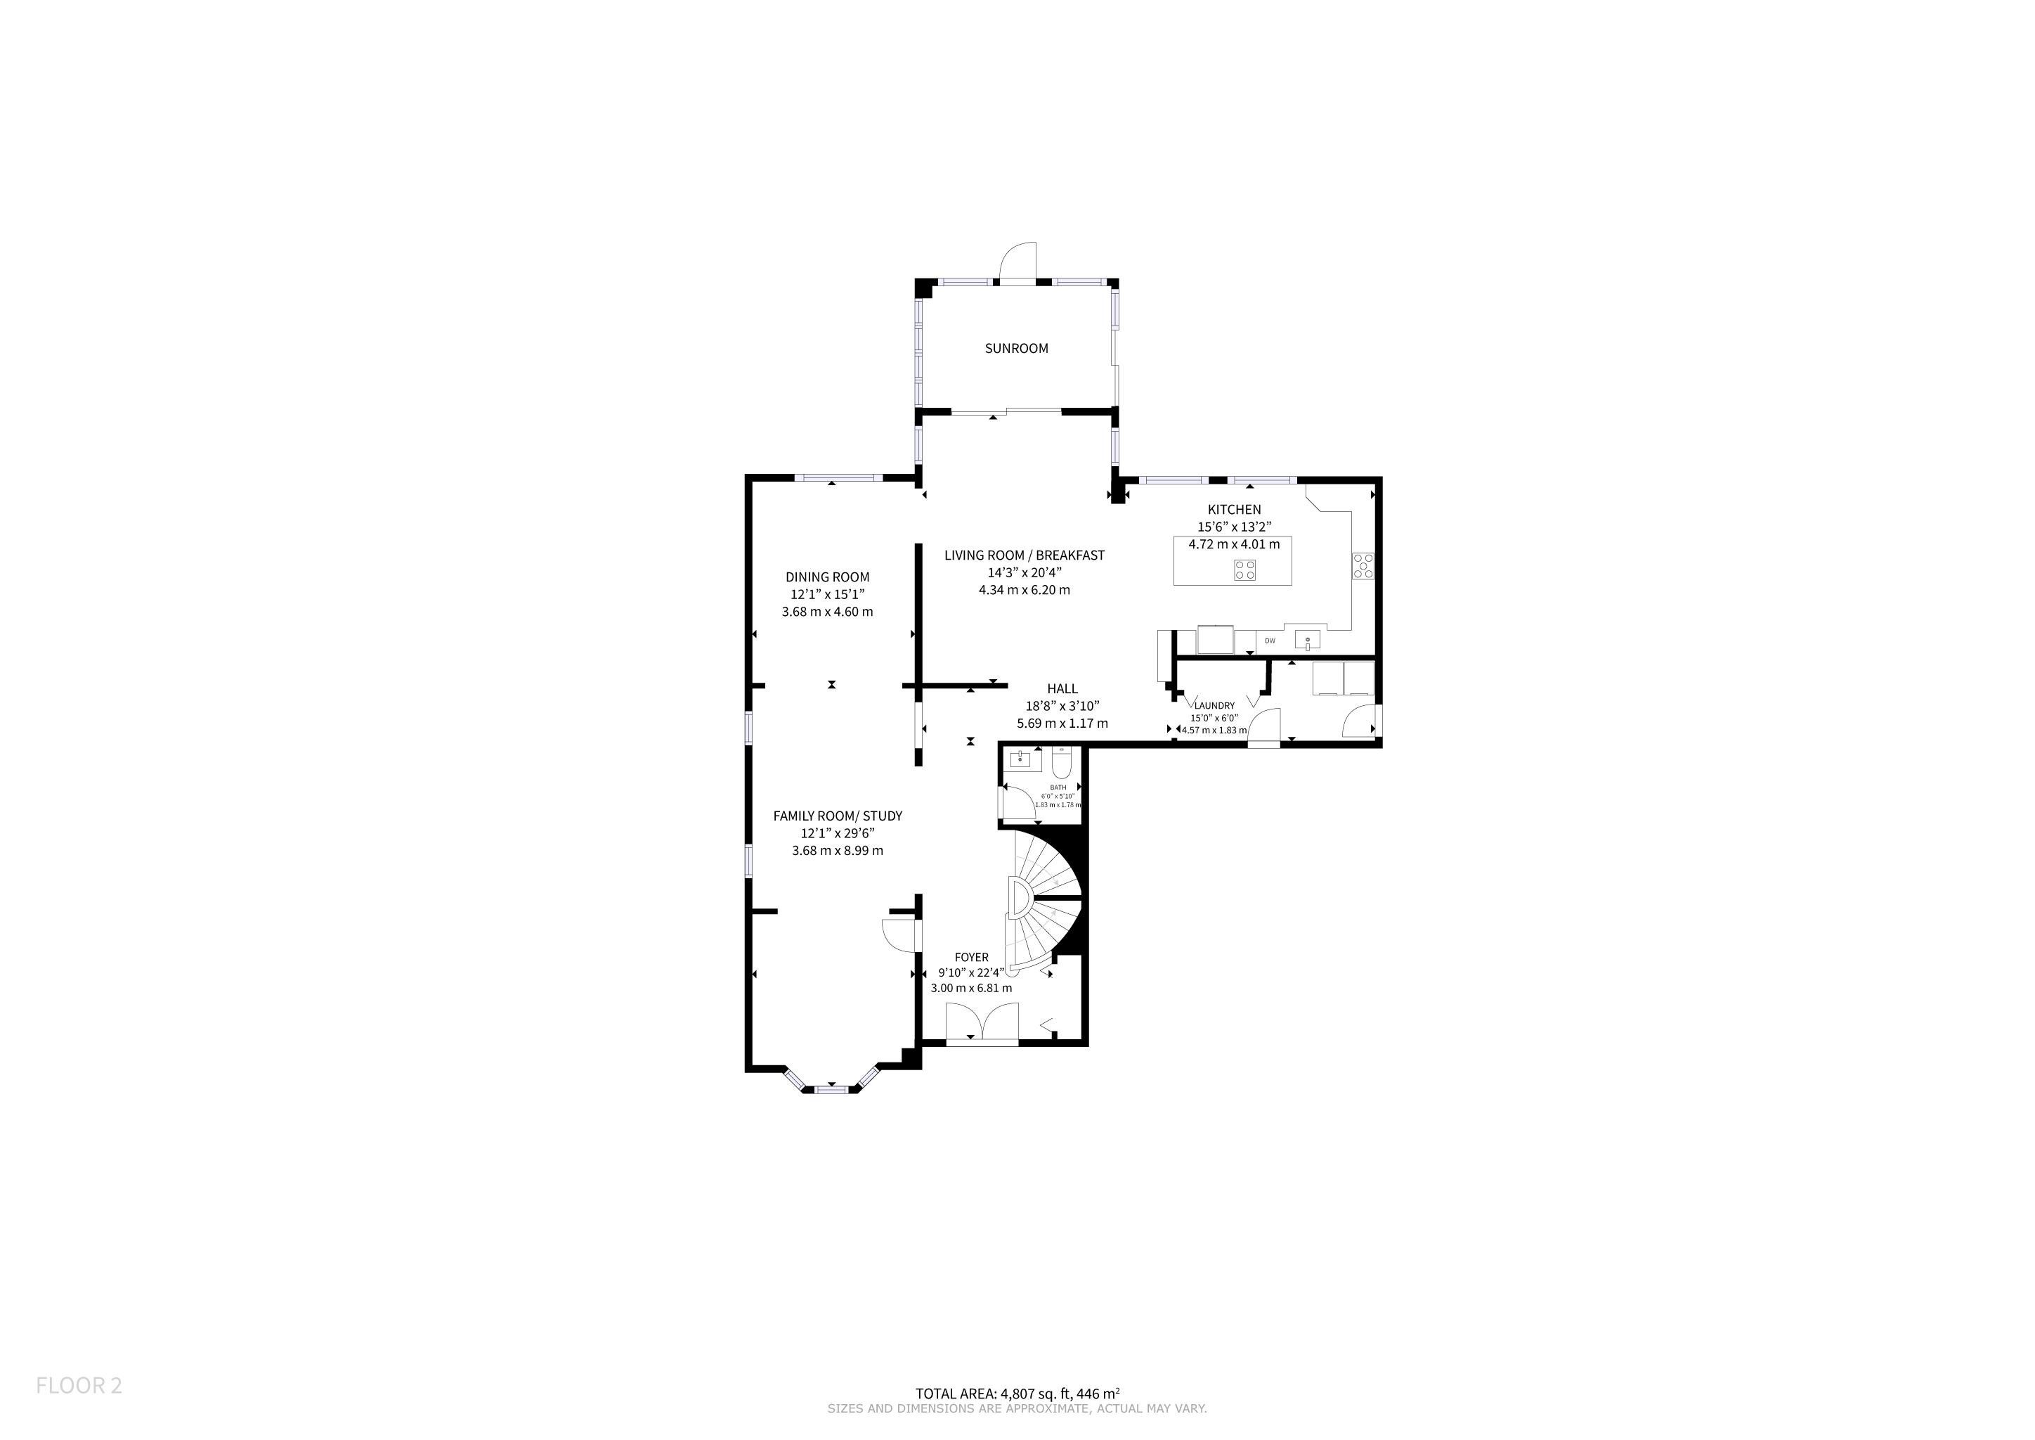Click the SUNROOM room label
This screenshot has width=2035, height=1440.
click(x=1017, y=349)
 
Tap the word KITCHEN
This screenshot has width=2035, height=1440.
click(x=1235, y=510)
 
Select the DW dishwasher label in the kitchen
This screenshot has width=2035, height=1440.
click(x=1270, y=641)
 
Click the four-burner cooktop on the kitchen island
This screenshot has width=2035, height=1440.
click(x=1244, y=570)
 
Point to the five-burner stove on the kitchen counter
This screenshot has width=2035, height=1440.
click(x=1363, y=566)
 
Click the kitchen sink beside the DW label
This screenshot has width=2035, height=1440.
click(x=1307, y=639)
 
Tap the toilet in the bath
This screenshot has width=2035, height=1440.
click(x=1062, y=761)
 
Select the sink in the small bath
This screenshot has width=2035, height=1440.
click(x=1025, y=761)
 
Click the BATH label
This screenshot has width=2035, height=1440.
click(x=1058, y=787)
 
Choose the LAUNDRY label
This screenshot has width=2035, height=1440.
click(x=1214, y=706)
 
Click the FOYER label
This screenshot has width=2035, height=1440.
click(x=971, y=958)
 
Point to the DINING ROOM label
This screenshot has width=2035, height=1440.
click(x=828, y=577)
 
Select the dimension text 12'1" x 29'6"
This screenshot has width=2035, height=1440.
click(x=838, y=833)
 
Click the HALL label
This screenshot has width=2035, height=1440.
click(x=1062, y=689)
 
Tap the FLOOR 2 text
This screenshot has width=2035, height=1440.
click(x=79, y=1386)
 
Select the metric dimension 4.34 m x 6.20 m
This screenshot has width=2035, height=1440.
click(x=1025, y=590)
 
